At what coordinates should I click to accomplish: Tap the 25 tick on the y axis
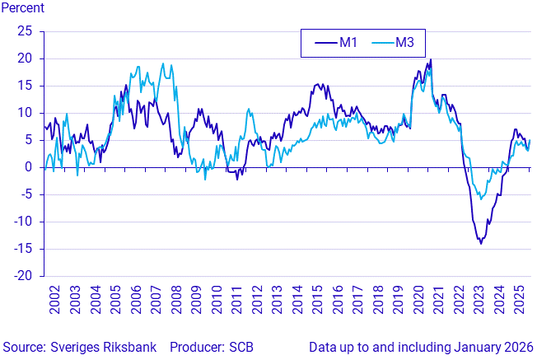[25, 31]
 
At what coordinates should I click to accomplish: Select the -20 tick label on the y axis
[22, 276]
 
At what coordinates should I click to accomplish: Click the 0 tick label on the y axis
[28, 167]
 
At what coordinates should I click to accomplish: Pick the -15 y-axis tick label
[22, 249]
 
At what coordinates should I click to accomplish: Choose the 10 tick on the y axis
[25, 113]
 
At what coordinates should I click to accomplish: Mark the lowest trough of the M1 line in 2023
[481, 243]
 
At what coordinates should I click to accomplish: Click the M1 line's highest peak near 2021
[430, 59]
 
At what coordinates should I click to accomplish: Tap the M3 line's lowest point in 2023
[481, 199]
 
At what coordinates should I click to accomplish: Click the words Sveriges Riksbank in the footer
[86, 347]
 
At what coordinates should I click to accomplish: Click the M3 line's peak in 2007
[162, 63]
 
